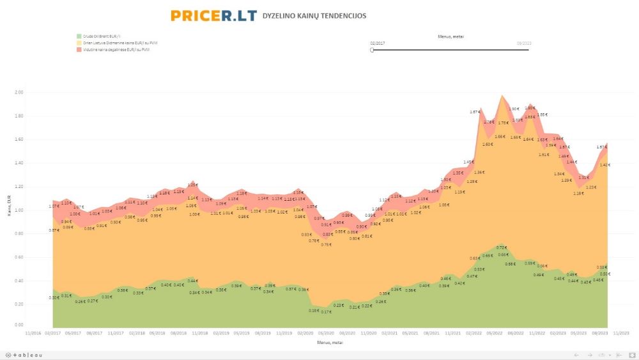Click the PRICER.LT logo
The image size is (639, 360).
pos(213,15)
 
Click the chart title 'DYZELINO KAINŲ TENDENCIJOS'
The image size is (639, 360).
pos(314,16)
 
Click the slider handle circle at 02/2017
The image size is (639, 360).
pos(372,49)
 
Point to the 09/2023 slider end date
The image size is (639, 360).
pos(524,43)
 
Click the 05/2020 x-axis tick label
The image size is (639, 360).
pos(326,333)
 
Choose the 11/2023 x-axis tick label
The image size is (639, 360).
pos(620,333)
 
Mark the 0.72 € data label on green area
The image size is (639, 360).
pos(502,247)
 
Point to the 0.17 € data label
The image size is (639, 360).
pos(326,311)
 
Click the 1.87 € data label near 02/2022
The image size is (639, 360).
pos(475,112)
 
